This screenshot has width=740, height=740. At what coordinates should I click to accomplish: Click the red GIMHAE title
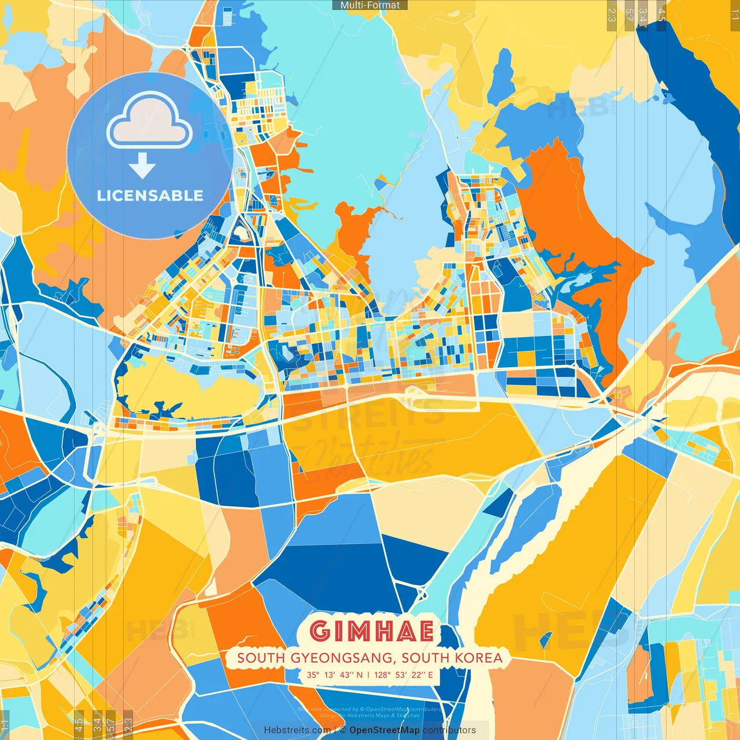coord(371,631)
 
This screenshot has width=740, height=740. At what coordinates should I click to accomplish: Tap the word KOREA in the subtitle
coord(479,658)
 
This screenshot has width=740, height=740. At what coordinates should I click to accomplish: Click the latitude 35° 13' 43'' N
coord(335,675)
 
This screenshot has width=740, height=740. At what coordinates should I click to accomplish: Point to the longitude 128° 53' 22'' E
coord(403,675)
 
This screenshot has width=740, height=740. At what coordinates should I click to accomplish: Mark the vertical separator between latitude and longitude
coord(369,675)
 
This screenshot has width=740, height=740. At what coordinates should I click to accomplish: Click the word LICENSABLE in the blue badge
coord(150,195)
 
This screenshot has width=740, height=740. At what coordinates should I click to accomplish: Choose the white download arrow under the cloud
coord(142,166)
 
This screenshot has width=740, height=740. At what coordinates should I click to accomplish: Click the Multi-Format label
coord(370,5)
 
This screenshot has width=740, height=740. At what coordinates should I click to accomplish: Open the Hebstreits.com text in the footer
coord(297,730)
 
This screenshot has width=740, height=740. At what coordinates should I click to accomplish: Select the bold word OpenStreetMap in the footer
coord(384,730)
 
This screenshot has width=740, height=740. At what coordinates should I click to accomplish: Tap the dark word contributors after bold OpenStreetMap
coord(449,730)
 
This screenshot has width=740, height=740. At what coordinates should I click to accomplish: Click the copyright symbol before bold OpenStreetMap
coord(343,730)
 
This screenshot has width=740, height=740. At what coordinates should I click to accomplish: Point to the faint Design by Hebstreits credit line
coord(369,716)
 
